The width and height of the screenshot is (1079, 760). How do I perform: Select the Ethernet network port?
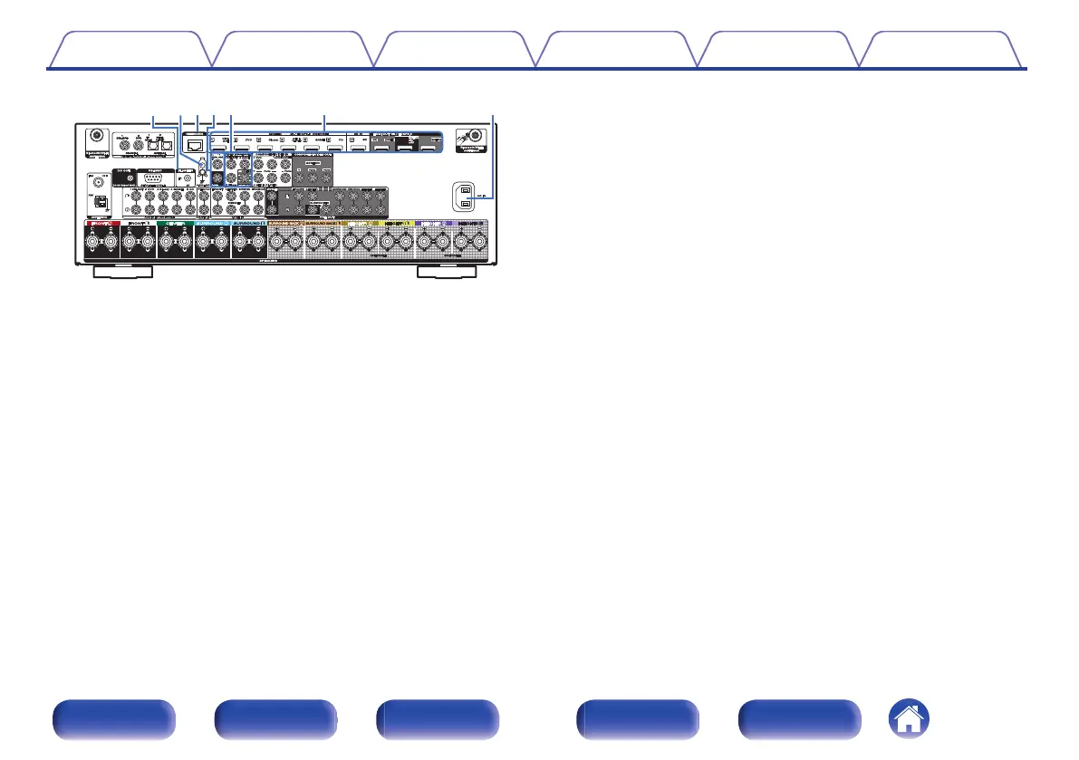tap(196, 142)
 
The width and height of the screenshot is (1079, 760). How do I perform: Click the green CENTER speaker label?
tap(175, 223)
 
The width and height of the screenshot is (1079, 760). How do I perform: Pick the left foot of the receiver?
tap(123, 272)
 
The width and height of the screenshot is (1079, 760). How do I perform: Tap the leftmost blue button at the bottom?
tap(112, 720)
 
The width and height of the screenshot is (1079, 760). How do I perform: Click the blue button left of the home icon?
tap(799, 720)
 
